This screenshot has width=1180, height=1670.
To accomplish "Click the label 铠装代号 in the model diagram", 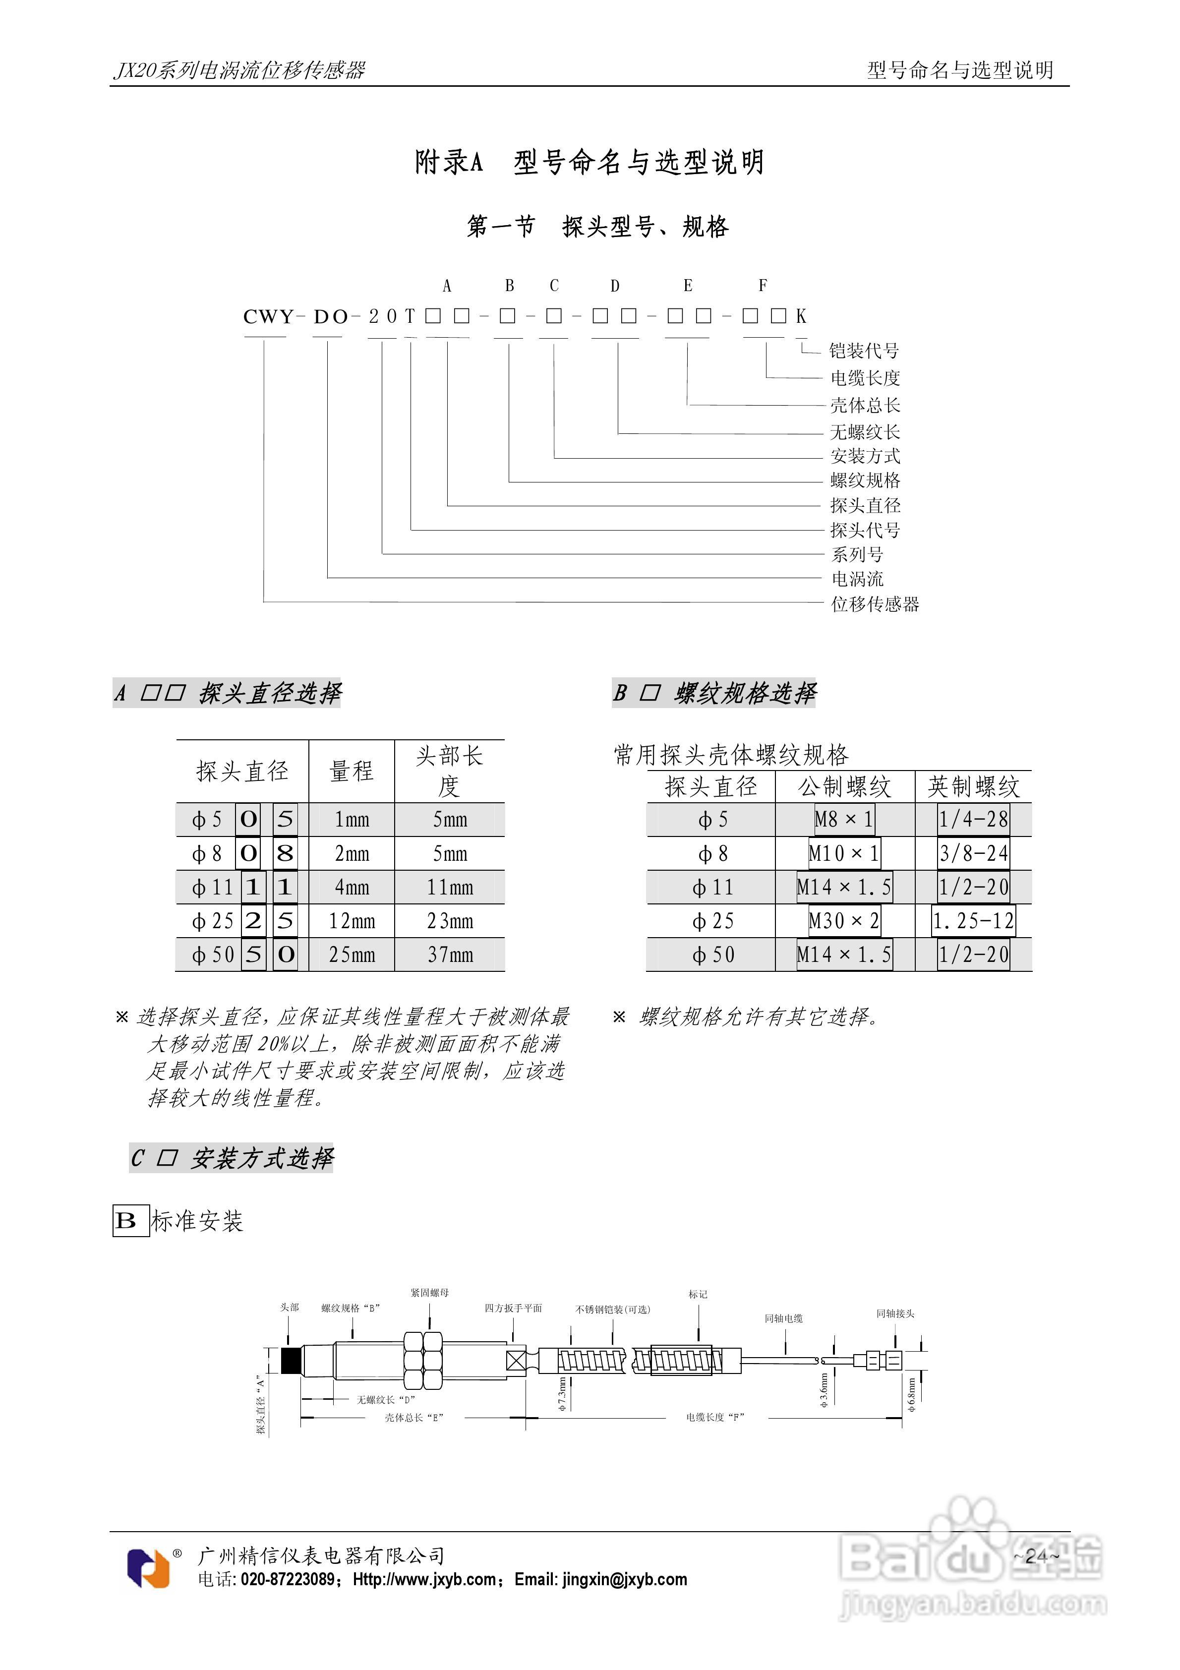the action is tap(864, 352).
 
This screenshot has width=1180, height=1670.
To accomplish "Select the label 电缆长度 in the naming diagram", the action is tap(865, 378).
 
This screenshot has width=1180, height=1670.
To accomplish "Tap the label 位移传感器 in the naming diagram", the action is tap(875, 604).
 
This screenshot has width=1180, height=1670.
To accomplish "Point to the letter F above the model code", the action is tap(763, 286).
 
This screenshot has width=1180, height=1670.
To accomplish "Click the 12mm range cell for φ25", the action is tap(352, 922).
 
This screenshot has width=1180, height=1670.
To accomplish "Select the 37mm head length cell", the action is tap(450, 955).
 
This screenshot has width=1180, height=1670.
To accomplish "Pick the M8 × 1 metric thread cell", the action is tap(844, 820).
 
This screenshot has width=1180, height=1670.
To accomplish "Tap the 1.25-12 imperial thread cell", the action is tap(973, 922).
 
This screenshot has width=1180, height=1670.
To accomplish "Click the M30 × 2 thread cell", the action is tap(844, 922).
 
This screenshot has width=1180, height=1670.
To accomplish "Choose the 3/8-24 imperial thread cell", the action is tap(973, 853).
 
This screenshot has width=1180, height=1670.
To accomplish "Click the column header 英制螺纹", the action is tap(973, 787).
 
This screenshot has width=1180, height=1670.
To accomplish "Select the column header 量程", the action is tap(352, 771).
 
